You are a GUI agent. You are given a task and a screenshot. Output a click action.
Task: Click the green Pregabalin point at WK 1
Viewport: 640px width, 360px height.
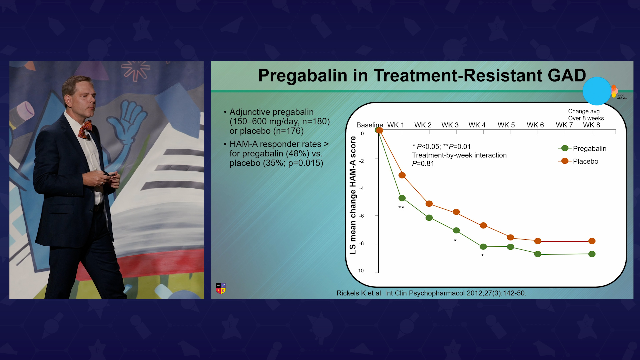[x=402, y=198]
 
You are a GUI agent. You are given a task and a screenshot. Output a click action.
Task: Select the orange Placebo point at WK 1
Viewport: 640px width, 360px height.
[x=402, y=175]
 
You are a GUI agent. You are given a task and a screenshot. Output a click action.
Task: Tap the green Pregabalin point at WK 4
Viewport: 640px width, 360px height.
[x=483, y=247]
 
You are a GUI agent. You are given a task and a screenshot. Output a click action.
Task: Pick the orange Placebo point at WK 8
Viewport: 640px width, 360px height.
[x=592, y=241]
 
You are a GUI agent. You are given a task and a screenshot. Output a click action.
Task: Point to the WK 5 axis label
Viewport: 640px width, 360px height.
[x=506, y=125]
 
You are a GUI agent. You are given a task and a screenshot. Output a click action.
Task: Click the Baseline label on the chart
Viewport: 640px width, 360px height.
[x=369, y=125]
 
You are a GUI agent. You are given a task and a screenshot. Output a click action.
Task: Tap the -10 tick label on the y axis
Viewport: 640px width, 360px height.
[x=360, y=271]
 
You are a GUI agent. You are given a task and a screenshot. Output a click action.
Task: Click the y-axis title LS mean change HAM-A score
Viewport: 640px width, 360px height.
[x=353, y=195]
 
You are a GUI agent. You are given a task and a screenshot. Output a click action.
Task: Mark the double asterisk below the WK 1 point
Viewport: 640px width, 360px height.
[x=401, y=208]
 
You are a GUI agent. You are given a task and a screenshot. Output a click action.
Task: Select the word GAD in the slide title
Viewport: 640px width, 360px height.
[x=567, y=75]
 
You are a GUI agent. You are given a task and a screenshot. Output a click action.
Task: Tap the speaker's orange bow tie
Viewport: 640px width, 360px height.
[x=85, y=129]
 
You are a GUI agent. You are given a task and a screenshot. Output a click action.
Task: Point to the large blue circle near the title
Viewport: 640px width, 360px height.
[x=597, y=91]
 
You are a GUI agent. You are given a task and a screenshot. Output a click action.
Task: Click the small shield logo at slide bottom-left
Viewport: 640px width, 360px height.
[x=221, y=288]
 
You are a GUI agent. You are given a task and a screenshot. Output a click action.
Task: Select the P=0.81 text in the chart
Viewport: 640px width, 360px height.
[x=423, y=164]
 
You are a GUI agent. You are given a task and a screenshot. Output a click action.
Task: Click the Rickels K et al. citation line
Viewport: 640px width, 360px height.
[x=431, y=293]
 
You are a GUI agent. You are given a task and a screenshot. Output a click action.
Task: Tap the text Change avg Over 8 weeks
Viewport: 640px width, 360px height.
[x=586, y=115]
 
